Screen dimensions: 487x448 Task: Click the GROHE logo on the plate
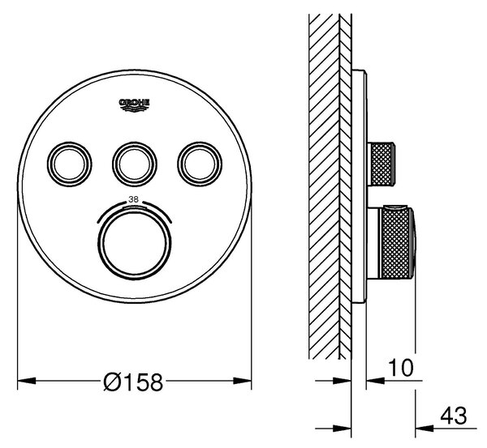point(135,105)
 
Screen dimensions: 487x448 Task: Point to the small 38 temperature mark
point(134,199)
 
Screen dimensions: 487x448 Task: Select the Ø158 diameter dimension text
point(133,382)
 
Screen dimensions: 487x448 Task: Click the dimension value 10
point(401,368)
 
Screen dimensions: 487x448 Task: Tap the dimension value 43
point(454,416)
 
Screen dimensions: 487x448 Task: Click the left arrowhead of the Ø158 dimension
point(27,380)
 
